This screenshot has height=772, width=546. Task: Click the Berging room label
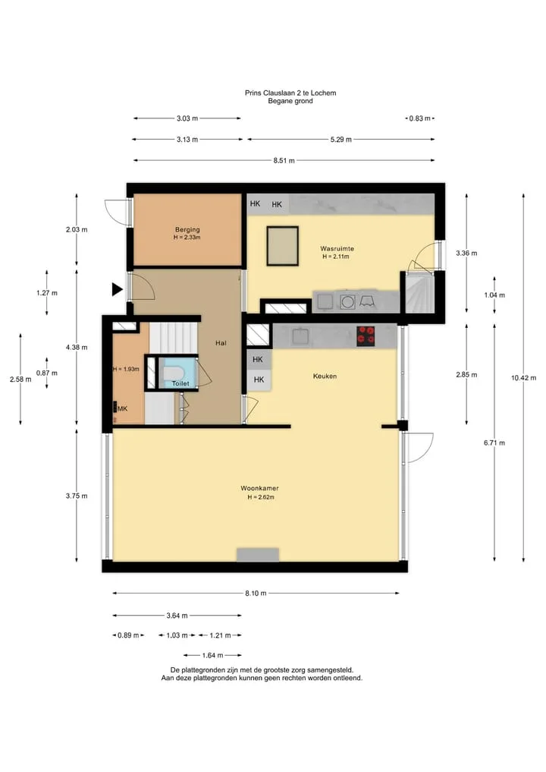tap(187, 229)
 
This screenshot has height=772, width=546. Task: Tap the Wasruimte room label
tap(337, 249)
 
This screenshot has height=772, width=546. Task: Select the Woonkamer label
tap(259, 488)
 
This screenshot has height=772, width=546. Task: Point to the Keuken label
tap(325, 377)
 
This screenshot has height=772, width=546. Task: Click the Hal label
tap(221, 343)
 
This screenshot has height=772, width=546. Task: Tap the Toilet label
tap(180, 383)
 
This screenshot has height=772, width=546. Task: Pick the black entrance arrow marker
tap(117, 289)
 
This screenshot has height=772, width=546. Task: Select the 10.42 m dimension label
tap(523, 378)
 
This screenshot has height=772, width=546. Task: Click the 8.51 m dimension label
tap(284, 160)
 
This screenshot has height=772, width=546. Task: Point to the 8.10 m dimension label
tap(256, 594)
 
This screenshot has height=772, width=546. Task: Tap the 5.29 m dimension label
tap(341, 140)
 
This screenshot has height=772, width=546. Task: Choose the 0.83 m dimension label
tap(419, 118)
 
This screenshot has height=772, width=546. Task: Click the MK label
tap(123, 408)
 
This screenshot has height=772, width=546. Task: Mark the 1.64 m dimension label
tap(212, 655)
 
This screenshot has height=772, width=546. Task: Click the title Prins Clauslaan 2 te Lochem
tap(290, 93)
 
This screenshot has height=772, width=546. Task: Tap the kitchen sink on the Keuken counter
tap(300, 336)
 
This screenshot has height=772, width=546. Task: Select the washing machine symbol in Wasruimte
tap(348, 301)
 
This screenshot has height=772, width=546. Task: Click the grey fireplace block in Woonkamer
tap(258, 555)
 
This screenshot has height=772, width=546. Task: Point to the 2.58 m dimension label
tap(20, 379)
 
